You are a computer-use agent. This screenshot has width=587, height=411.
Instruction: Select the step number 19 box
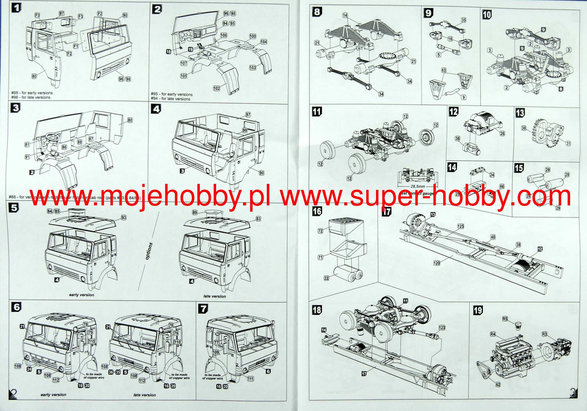(478, 310)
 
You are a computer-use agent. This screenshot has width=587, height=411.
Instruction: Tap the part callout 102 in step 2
(217, 88)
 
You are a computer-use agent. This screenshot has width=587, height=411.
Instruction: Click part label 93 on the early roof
(124, 218)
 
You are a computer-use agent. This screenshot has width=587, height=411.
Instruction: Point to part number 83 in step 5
(258, 219)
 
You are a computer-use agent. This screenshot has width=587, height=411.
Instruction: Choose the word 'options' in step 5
(149, 251)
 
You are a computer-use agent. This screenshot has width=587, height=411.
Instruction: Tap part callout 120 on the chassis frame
(437, 263)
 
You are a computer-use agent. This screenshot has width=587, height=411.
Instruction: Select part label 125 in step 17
(460, 226)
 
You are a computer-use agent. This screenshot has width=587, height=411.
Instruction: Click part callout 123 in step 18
(442, 328)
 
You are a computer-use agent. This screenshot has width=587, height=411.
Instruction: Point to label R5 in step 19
(505, 318)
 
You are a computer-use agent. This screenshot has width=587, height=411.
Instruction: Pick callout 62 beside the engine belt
(498, 385)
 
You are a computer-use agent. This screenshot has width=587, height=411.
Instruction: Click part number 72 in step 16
(320, 231)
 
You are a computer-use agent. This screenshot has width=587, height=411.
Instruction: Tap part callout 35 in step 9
(463, 20)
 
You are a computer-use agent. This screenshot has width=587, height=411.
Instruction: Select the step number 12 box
(453, 112)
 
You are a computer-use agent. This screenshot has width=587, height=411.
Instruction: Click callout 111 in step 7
(250, 379)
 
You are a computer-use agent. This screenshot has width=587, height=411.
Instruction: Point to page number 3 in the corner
(573, 393)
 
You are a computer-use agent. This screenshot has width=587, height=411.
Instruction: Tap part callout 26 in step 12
(502, 133)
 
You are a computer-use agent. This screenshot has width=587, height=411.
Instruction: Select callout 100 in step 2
(253, 36)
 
